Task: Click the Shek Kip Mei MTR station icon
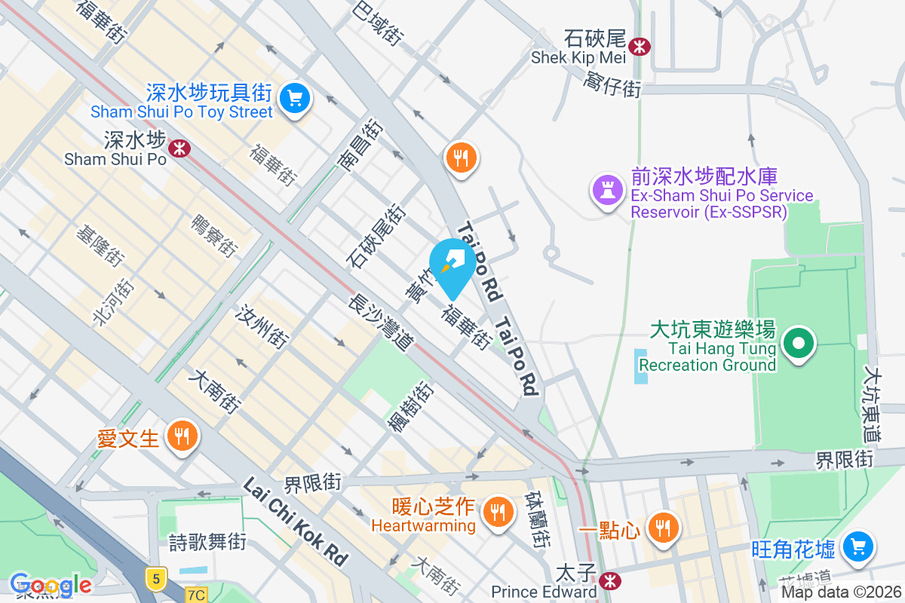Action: (640, 46)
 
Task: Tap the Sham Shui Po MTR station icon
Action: (179, 148)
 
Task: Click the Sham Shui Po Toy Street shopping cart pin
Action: (294, 98)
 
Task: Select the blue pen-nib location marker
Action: (452, 265)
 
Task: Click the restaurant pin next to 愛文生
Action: (181, 435)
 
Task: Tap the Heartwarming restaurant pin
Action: (497, 512)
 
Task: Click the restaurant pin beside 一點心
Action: (663, 527)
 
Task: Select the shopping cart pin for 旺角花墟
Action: (857, 546)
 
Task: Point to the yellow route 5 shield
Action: (155, 578)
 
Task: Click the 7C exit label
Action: (196, 595)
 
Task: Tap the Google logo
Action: (51, 585)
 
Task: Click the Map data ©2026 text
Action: (841, 592)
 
